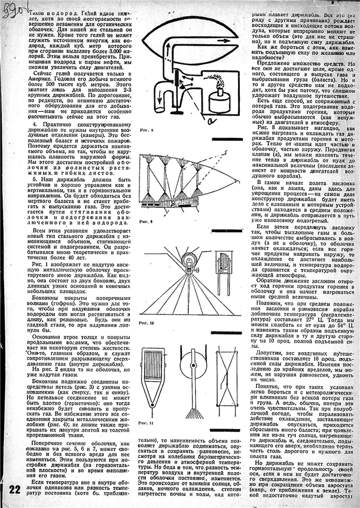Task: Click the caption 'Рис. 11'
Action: point(147,423)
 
